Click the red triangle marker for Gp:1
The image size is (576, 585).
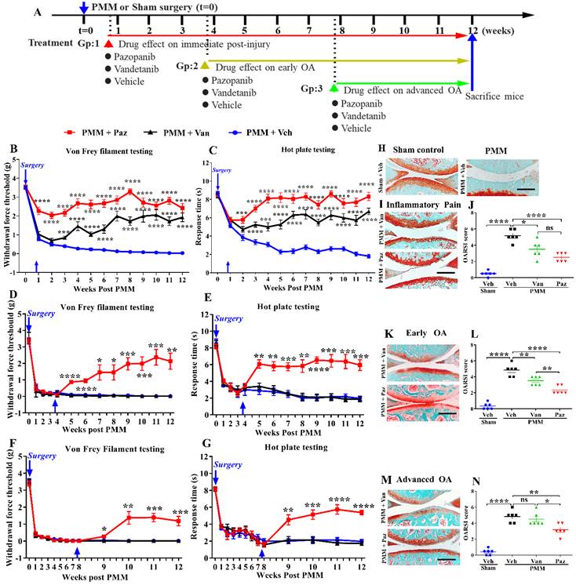coord(108,44)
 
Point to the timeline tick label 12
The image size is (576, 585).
coord(472,28)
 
